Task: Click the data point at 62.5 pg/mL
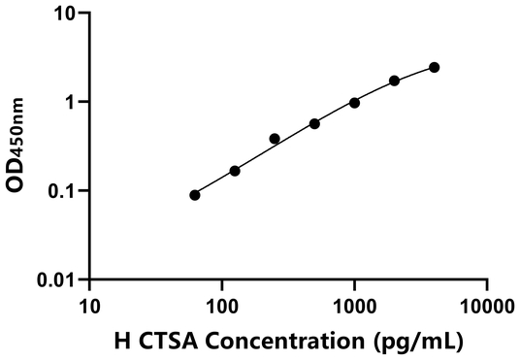click(x=195, y=195)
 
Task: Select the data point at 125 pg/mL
click(x=235, y=171)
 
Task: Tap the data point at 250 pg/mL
click(x=275, y=139)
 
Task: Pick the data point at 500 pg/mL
click(x=314, y=124)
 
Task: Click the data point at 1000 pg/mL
click(x=354, y=103)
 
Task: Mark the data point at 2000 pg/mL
click(x=394, y=81)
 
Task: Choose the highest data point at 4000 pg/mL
click(x=434, y=67)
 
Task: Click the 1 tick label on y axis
click(x=72, y=102)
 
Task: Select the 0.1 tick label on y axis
click(x=64, y=191)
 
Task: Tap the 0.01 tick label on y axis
click(x=59, y=279)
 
